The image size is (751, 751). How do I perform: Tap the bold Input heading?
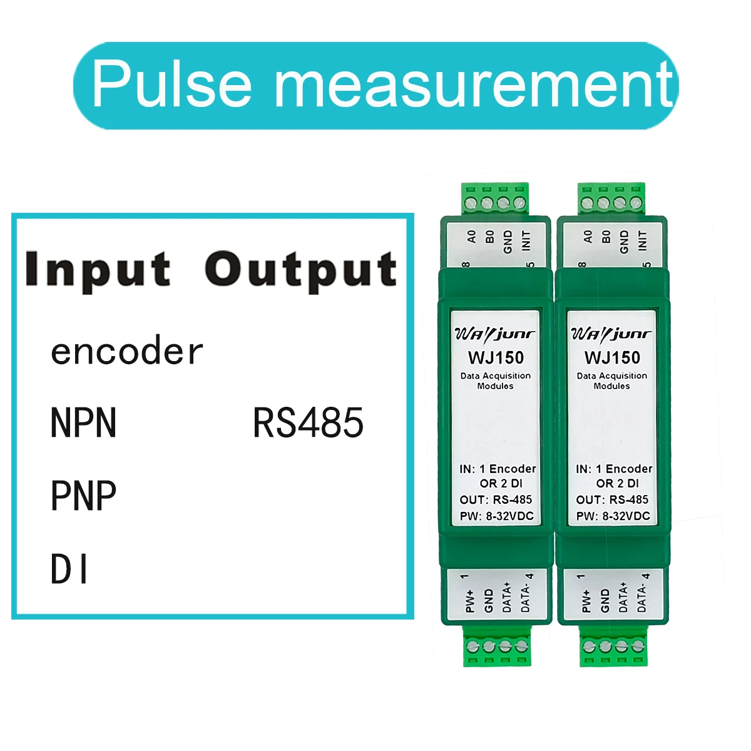(98, 270)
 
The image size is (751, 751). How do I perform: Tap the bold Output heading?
(300, 270)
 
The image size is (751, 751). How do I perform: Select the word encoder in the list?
(126, 352)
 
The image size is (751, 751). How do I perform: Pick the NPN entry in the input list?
(83, 423)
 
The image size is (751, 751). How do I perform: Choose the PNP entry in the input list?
(83, 496)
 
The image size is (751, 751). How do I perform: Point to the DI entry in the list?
(69, 570)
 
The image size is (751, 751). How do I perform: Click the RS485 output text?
(308, 423)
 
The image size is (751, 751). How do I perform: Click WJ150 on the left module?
(496, 357)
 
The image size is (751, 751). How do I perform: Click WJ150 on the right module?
(612, 357)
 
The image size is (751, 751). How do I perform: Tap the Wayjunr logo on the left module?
(494, 333)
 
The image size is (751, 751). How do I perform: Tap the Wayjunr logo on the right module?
(611, 333)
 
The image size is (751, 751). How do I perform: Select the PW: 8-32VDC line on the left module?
(496, 516)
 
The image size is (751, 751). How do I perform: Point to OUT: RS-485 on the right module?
(612, 499)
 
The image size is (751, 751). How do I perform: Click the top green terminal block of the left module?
(494, 199)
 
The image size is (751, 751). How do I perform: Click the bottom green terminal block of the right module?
(613, 647)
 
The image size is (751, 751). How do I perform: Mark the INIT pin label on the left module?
(526, 240)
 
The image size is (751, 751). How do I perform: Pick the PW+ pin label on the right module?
(586, 600)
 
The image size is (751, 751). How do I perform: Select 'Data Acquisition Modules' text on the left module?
(495, 381)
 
